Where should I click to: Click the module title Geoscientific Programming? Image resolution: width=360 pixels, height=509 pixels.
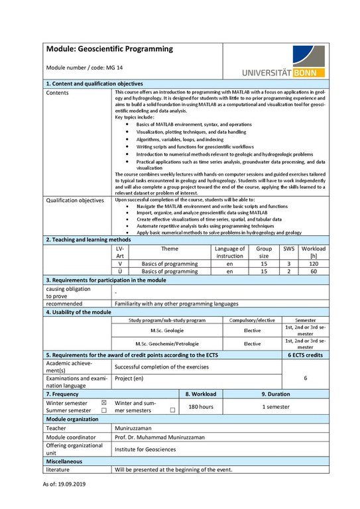coord(109,49)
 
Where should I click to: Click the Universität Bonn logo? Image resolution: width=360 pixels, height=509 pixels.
coord(288,62)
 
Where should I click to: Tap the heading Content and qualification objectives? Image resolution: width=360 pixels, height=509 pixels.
coord(94,84)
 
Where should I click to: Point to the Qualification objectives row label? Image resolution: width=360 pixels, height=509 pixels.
coord(75,199)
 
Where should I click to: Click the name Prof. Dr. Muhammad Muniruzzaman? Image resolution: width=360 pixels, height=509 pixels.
coord(160,437)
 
